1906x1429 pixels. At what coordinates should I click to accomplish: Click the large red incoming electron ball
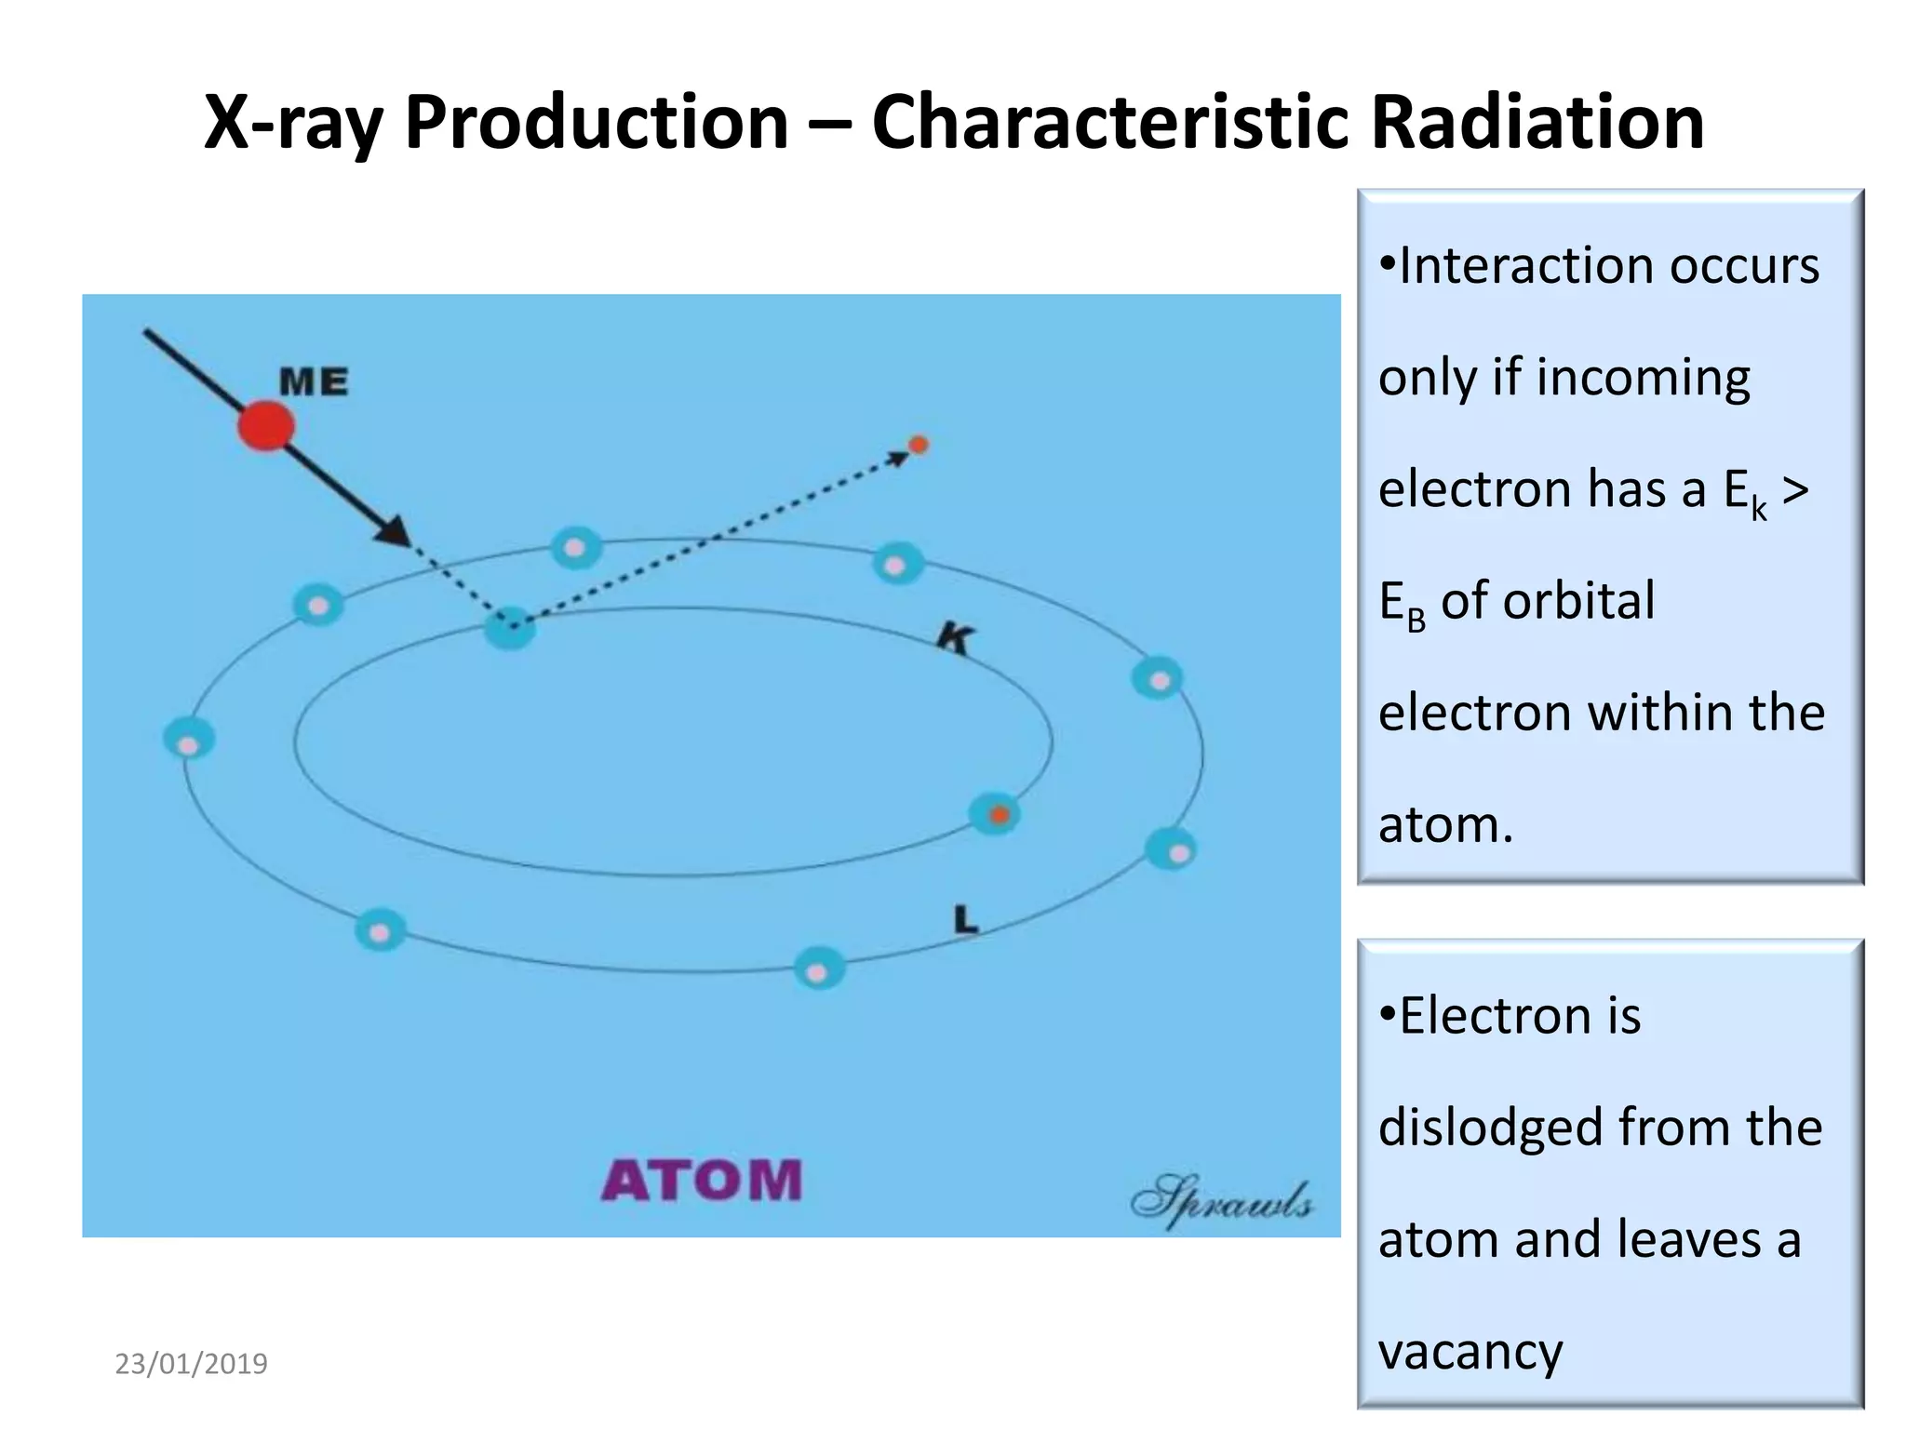(x=266, y=426)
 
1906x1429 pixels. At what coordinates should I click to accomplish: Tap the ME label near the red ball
(x=314, y=381)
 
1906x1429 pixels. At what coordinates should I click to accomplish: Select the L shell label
(x=966, y=921)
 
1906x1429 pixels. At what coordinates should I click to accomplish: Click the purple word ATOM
(x=702, y=1181)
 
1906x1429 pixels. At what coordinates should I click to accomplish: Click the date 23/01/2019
(x=191, y=1364)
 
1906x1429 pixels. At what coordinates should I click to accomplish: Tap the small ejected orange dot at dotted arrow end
(x=919, y=445)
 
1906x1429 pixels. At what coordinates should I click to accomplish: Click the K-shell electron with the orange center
(x=995, y=815)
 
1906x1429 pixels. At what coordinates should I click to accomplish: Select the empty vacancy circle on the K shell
(x=510, y=629)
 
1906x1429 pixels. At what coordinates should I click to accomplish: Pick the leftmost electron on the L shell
(x=189, y=740)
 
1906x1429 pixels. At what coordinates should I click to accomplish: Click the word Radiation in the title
(x=1537, y=123)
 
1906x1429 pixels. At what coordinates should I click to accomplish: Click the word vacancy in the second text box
(x=1470, y=1352)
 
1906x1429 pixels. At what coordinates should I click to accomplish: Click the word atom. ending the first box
(x=1445, y=825)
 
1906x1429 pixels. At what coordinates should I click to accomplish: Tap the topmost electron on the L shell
(x=576, y=547)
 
